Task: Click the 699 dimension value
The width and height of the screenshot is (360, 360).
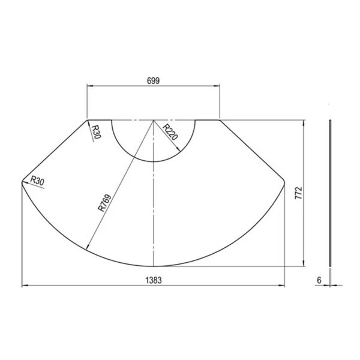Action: pos(153,81)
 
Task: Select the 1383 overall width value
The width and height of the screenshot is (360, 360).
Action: pos(154,280)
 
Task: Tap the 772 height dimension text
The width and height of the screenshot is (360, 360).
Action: pos(298,193)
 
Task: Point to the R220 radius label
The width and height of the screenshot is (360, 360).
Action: pos(170,132)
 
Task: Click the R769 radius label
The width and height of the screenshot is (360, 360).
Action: pos(104,203)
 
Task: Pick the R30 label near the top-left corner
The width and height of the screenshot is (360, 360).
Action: pos(97,132)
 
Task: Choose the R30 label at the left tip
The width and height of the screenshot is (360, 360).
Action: pos(37,181)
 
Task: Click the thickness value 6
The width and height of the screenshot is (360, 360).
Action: pos(319,280)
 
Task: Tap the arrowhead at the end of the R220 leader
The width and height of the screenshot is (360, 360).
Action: pos(178,149)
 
